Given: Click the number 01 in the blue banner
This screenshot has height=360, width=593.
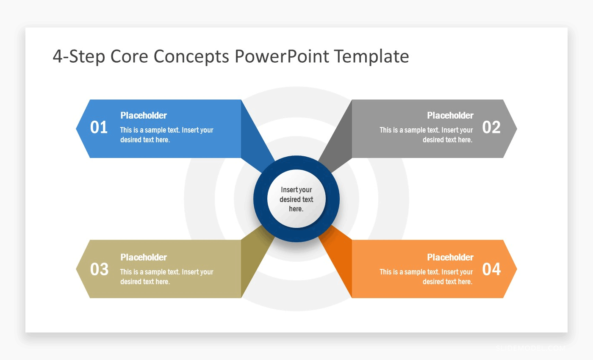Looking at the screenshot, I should click(99, 127).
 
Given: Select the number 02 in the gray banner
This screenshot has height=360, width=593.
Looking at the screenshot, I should click(491, 127).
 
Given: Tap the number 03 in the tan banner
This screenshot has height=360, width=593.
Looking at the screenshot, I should click(99, 269).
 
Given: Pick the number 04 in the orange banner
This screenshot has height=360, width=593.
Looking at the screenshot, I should click(491, 269).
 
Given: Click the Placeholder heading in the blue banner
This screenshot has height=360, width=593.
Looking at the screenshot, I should click(144, 115).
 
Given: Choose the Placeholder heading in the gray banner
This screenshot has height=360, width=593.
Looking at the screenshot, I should click(450, 115).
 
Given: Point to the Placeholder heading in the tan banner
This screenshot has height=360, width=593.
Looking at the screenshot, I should click(144, 257).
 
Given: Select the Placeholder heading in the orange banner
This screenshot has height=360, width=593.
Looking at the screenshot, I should click(450, 257).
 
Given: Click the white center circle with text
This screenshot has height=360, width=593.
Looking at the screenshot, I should click(296, 199).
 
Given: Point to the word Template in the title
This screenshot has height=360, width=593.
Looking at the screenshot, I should click(371, 56).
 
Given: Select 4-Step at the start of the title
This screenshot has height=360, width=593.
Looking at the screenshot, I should click(79, 56).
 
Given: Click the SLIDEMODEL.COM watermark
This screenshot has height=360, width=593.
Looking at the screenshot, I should click(530, 348).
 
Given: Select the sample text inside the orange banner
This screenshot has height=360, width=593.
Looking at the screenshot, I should click(426, 277).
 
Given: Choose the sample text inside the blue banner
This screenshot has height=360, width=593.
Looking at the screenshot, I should click(166, 135).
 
